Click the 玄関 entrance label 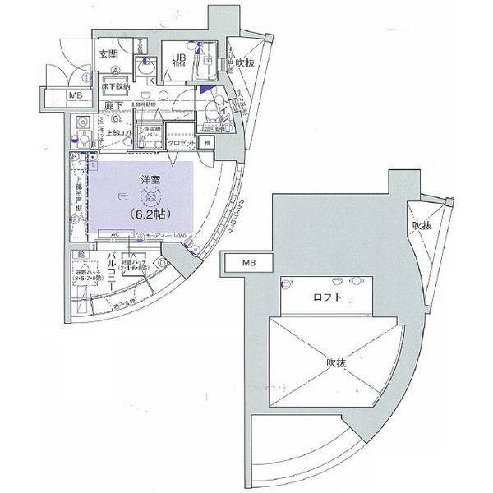point(109,55)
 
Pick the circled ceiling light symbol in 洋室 point(148,196)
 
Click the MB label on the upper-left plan point(76,96)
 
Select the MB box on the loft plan point(247,263)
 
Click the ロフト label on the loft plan point(326,297)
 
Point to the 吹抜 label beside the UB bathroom point(245,62)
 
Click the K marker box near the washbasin point(150,81)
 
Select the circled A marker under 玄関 point(117,70)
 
